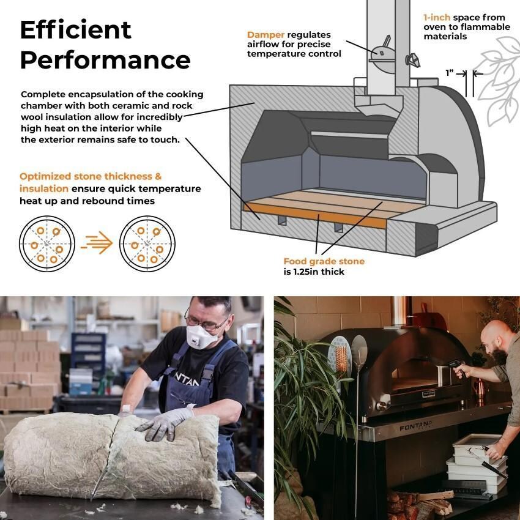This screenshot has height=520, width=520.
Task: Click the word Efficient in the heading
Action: (x=76, y=29)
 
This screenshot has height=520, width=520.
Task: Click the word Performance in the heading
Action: (x=105, y=61)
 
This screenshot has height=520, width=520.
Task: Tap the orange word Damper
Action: (x=264, y=35)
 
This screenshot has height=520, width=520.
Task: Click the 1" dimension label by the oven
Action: (x=450, y=73)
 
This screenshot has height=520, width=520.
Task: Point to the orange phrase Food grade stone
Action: (x=324, y=261)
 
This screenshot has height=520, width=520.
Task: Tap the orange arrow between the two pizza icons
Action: (x=96, y=244)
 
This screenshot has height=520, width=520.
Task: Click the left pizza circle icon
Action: (x=46, y=244)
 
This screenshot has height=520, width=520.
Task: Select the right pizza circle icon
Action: (x=146, y=244)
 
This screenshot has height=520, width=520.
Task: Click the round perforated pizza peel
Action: (x=341, y=355)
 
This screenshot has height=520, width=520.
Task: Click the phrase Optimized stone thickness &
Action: (x=91, y=176)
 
